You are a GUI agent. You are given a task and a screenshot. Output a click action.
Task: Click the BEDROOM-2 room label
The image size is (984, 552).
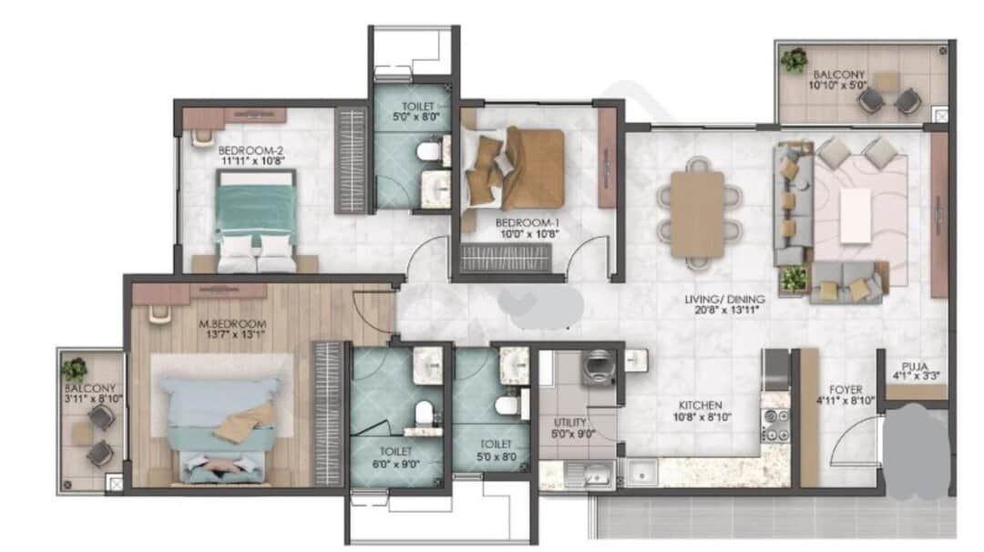251,150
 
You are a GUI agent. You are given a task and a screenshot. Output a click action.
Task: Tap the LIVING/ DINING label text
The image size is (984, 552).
725,299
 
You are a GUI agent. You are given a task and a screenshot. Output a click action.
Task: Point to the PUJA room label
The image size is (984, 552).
915,367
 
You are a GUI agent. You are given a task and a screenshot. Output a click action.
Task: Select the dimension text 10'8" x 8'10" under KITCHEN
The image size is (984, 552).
702,416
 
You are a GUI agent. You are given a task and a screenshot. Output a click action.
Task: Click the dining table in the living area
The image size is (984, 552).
697,214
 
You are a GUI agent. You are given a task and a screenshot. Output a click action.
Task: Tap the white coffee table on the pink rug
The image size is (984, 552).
856,215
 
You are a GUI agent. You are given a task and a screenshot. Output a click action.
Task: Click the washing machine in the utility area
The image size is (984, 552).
600,367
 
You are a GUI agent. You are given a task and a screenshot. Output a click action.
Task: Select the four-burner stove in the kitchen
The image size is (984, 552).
775,425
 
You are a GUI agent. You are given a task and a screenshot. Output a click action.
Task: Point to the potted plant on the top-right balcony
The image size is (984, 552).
794,59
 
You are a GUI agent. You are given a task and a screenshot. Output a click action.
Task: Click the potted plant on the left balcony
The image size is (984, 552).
75,370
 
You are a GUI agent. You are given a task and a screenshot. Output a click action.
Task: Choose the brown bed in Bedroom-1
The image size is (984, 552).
515,169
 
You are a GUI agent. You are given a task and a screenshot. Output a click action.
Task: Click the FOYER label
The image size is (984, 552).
846,390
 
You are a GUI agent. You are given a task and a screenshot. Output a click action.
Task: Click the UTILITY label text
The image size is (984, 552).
569,422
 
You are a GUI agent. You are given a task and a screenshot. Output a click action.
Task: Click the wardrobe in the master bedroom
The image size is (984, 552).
328,414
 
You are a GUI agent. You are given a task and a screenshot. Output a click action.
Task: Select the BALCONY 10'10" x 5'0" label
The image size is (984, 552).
838,79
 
